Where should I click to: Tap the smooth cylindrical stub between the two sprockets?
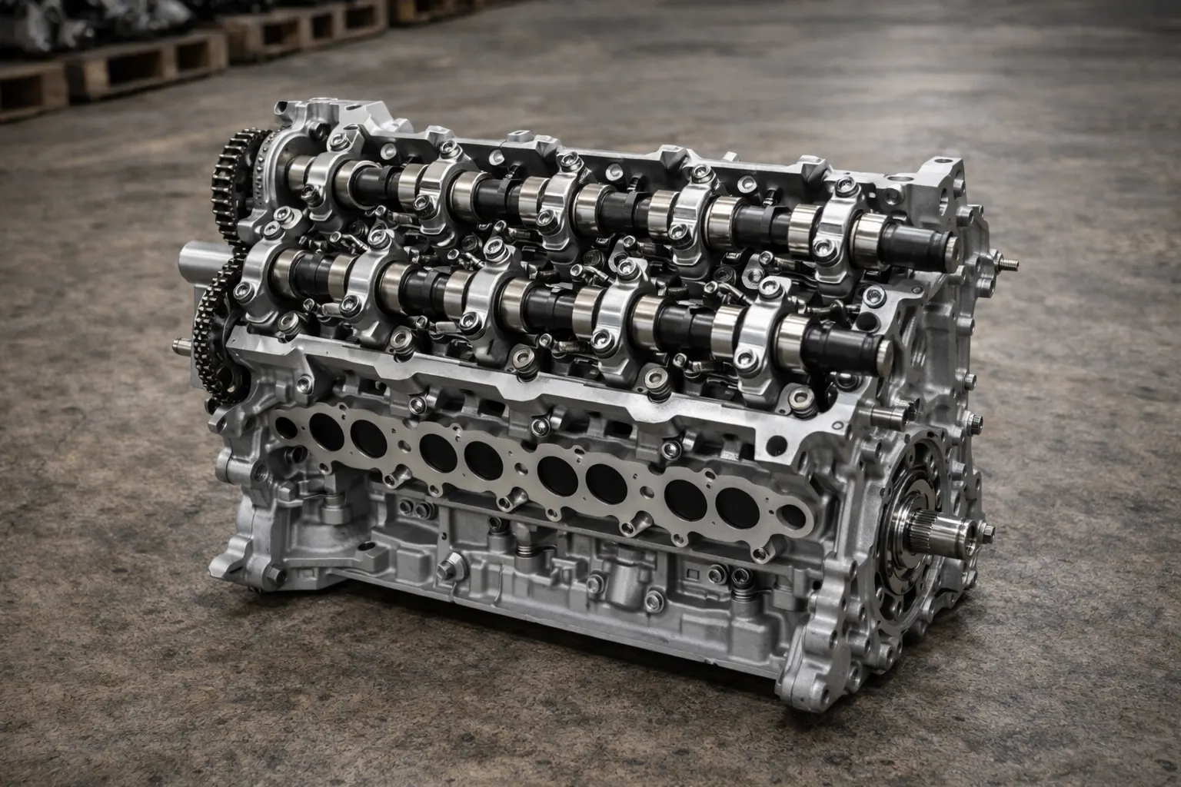click(201, 260)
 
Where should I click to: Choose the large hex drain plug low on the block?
click(447, 570)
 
